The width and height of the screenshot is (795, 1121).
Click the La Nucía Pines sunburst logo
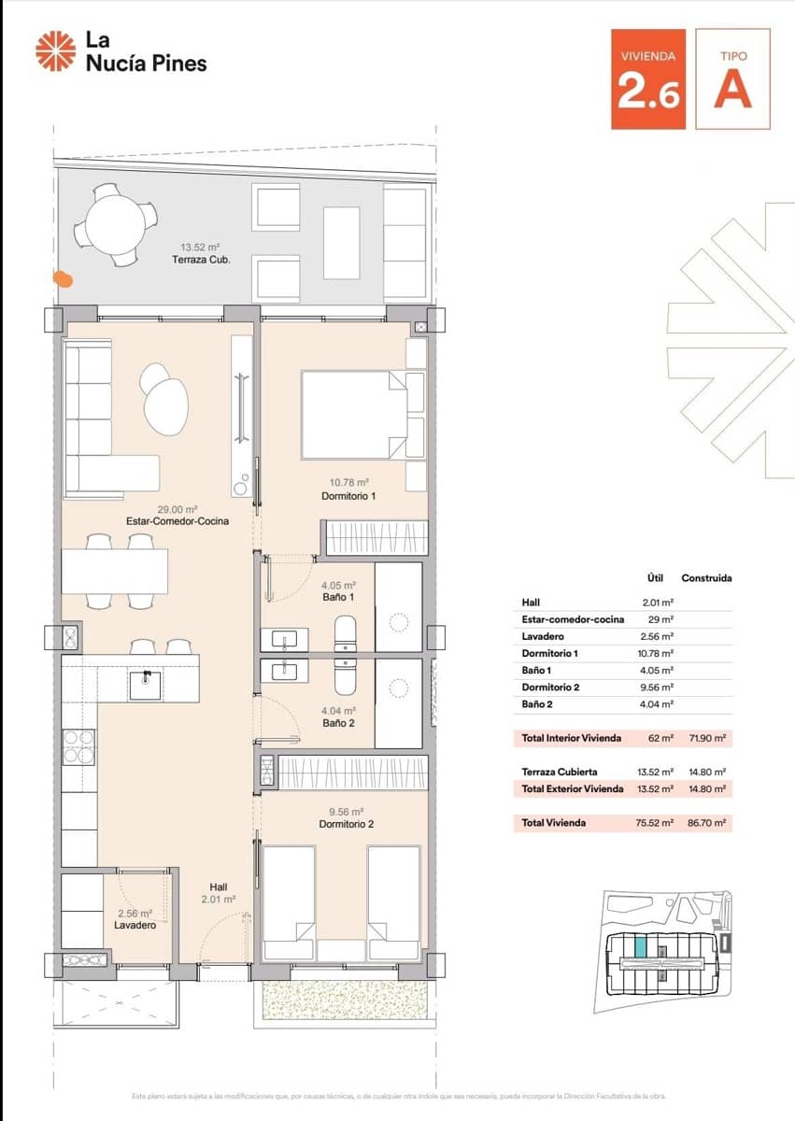pos(55,50)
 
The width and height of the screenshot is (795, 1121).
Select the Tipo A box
pos(732,78)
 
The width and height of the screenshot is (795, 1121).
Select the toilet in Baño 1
pos(346,633)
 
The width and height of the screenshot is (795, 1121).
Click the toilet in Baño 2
pos(346,675)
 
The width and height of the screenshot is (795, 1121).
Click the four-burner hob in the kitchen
pos(78,748)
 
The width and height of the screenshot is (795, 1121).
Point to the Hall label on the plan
pos(219,887)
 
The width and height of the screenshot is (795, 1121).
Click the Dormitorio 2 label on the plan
pos(346,824)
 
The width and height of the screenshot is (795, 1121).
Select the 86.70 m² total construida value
pos(705,824)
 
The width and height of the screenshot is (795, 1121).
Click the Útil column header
pos(656,578)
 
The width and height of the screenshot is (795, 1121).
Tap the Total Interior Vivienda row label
pos(571,738)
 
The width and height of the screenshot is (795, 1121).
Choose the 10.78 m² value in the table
pos(660,653)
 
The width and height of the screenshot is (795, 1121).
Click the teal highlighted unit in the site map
pos(640,945)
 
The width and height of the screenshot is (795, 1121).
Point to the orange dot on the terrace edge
pos(62,277)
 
